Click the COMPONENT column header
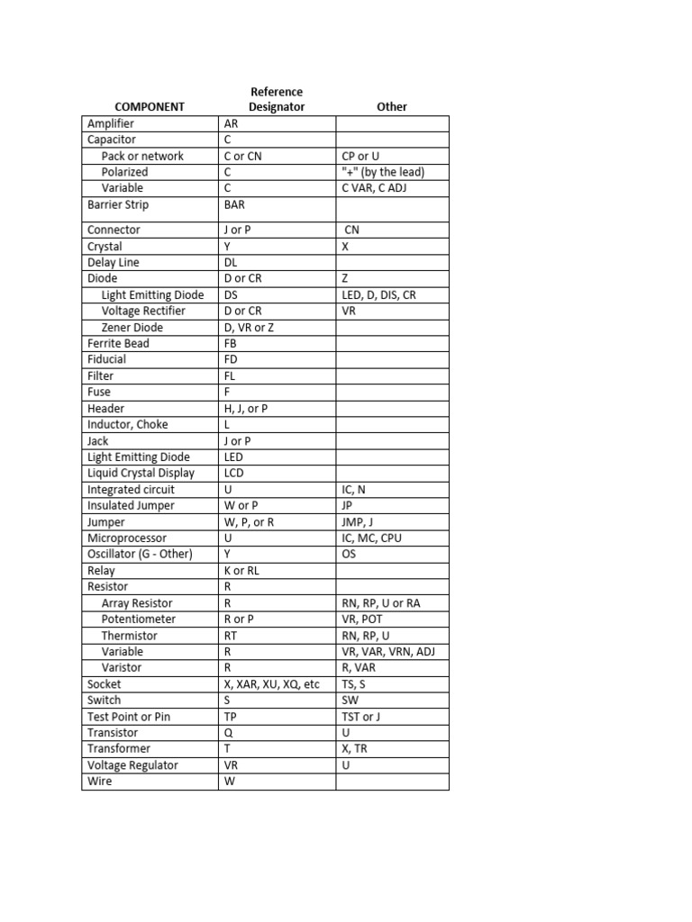click(150, 106)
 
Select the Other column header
click(392, 106)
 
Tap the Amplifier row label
click(111, 123)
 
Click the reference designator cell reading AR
click(232, 123)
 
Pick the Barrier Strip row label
click(118, 204)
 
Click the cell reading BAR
click(234, 204)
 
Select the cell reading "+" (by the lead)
click(383, 172)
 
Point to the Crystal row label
click(105, 246)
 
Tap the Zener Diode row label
click(132, 327)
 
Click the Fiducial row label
click(106, 359)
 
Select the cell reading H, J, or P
click(246, 408)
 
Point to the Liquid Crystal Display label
click(141, 473)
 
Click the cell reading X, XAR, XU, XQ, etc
click(271, 683)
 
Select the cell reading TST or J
click(361, 716)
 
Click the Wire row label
click(100, 781)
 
